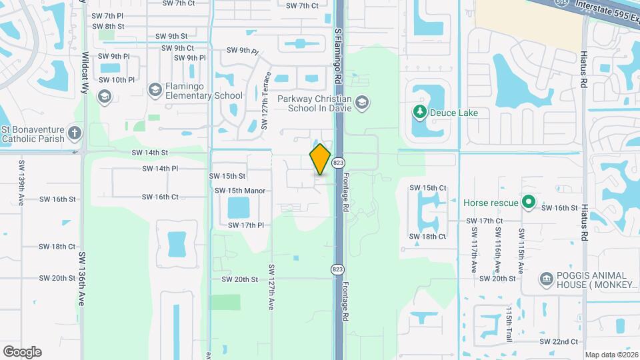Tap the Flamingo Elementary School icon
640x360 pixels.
(x=155, y=89)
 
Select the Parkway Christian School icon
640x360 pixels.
(x=361, y=102)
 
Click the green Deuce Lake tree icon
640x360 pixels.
(x=420, y=112)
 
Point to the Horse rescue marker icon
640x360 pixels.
(x=529, y=201)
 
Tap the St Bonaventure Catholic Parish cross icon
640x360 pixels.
(x=74, y=133)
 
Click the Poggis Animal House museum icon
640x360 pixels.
(x=546, y=278)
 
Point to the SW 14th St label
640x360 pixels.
(x=150, y=153)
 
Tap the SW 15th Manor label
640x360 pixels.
(x=240, y=191)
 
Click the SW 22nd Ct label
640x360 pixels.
(x=559, y=341)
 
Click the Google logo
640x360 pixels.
(x=22, y=351)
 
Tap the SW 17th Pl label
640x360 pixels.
(x=246, y=225)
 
